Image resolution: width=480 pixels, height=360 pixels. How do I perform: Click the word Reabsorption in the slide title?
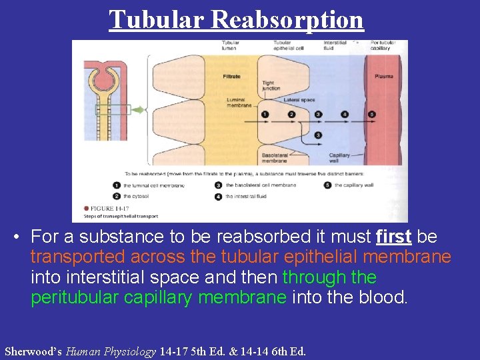point(287,20)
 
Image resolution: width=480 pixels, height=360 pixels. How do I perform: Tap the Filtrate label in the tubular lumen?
point(231,77)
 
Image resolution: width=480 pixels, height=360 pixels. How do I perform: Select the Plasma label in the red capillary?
point(383,77)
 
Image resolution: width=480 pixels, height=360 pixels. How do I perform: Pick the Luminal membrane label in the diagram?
point(239,103)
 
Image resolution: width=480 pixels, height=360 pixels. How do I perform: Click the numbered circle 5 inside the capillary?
point(371,114)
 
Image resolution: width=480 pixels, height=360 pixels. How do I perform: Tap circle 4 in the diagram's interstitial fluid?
point(345,114)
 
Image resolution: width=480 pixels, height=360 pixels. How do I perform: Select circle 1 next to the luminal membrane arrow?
point(265,114)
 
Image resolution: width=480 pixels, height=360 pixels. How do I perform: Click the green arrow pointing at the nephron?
point(139,110)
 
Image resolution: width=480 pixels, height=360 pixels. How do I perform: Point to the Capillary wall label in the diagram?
point(339,158)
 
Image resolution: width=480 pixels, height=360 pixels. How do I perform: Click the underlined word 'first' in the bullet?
point(393,237)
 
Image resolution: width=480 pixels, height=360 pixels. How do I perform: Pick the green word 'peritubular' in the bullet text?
point(74,297)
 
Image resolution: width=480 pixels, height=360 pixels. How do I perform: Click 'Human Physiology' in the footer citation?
point(111,351)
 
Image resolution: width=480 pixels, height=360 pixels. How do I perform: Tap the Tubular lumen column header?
point(231,46)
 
